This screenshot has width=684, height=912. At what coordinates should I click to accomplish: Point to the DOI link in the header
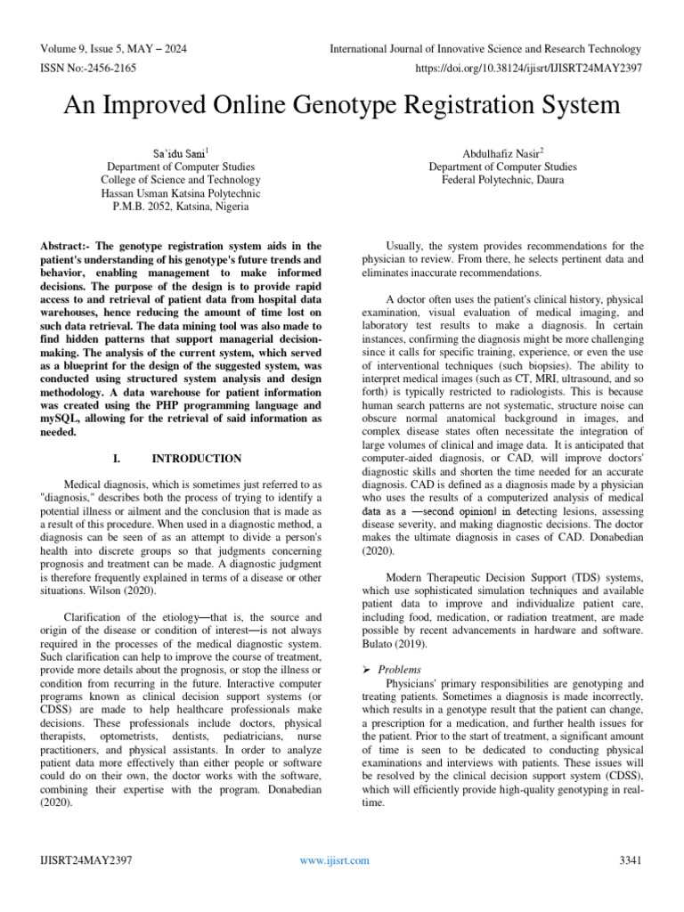pos(527,67)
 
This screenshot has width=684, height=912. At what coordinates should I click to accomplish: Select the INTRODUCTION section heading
pos(197,459)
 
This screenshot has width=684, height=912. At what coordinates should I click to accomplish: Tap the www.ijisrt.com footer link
pos(335,860)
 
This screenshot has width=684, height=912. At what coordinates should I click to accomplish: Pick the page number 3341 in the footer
pos(629,860)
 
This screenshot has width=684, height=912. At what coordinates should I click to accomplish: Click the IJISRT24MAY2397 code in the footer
pos(87,860)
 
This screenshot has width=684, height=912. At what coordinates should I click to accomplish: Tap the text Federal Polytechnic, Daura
pos(502,179)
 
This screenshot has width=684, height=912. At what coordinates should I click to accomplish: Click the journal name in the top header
pos(484,49)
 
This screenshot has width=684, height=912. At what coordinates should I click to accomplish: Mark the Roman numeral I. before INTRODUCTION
pos(117,459)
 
